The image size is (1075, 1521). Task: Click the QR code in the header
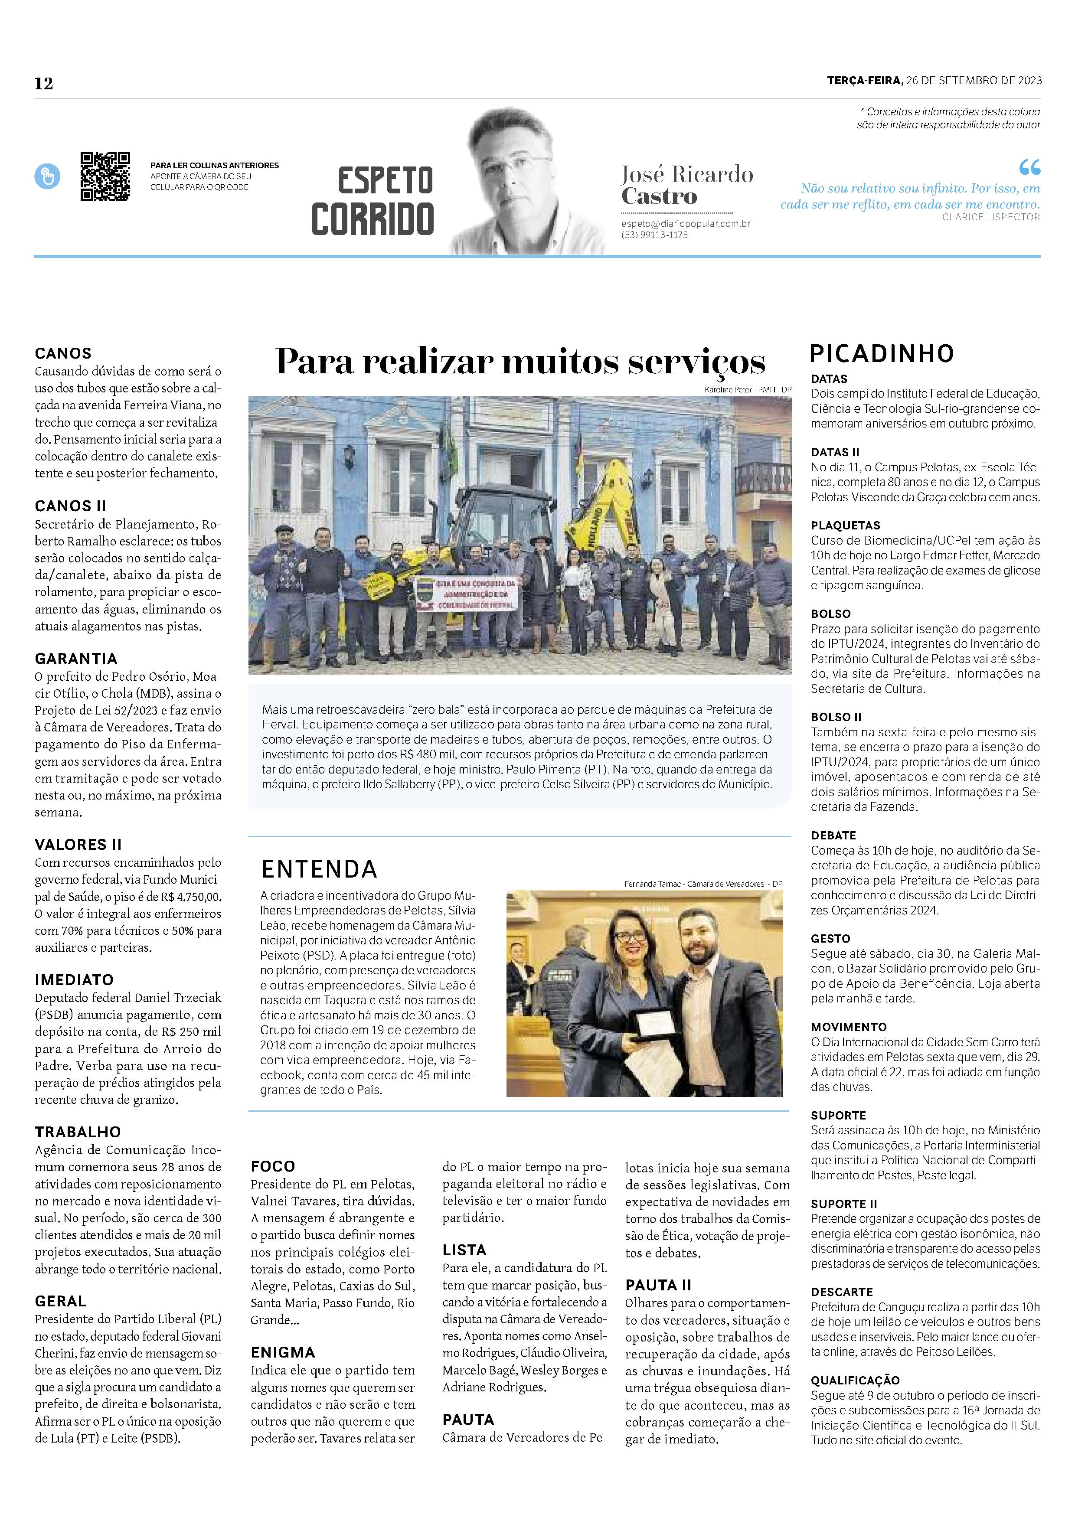[x=105, y=176]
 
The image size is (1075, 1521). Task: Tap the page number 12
[x=44, y=84]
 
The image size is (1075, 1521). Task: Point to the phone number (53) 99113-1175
[x=654, y=235]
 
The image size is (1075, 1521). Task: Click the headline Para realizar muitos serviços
[x=520, y=362]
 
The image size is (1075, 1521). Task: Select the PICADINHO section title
[x=882, y=354]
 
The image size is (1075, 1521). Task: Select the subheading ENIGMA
[x=283, y=1352]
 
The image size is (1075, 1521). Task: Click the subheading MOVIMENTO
[x=849, y=1027]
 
